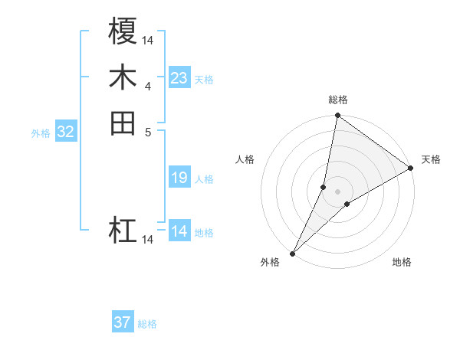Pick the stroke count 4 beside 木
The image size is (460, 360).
point(148,85)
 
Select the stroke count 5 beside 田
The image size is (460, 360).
point(148,131)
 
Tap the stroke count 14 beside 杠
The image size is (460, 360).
point(148,240)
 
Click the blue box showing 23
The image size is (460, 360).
point(179,78)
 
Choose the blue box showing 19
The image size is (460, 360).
point(179,178)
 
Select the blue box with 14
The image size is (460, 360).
point(179,231)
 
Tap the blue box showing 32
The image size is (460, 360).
point(66,132)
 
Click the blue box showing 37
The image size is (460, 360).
point(123,322)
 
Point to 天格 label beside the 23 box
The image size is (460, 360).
point(204,80)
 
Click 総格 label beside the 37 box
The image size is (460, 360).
point(147,324)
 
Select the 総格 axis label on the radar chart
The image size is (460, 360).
point(337,100)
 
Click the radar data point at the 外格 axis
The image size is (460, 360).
point(292,253)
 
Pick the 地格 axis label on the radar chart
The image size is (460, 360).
point(402,263)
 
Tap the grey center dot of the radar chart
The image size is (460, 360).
point(337,191)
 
